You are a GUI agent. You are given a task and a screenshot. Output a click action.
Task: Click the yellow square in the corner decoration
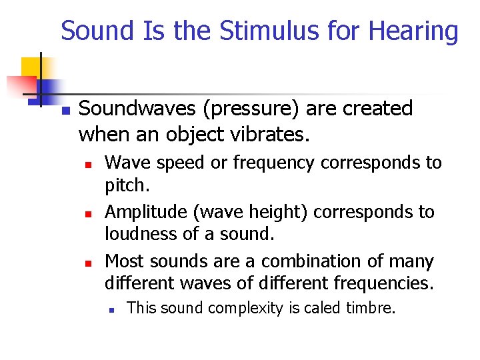(x=31, y=67)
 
